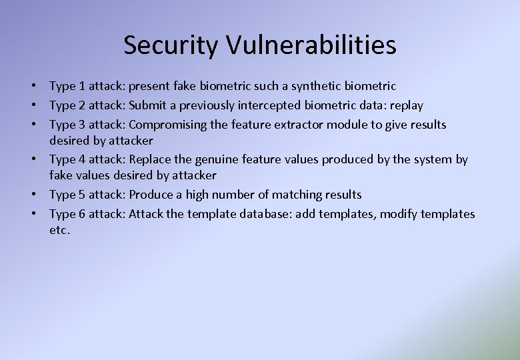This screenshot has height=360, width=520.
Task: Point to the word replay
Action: coord(407,105)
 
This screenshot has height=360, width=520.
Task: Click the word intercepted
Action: coord(269,105)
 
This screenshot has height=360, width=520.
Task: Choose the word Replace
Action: coord(149,159)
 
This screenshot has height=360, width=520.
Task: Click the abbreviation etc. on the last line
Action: coord(59,231)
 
